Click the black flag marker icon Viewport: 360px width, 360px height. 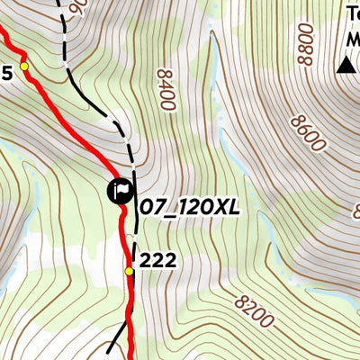click(x=121, y=191)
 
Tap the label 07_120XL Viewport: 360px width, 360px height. click(x=189, y=208)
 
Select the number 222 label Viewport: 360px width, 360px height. click(x=157, y=261)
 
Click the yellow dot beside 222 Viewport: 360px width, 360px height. click(x=129, y=271)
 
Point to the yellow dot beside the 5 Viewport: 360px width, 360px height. click(x=24, y=67)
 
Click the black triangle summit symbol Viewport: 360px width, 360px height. click(x=346, y=65)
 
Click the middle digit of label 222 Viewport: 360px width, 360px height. click(x=157, y=261)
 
